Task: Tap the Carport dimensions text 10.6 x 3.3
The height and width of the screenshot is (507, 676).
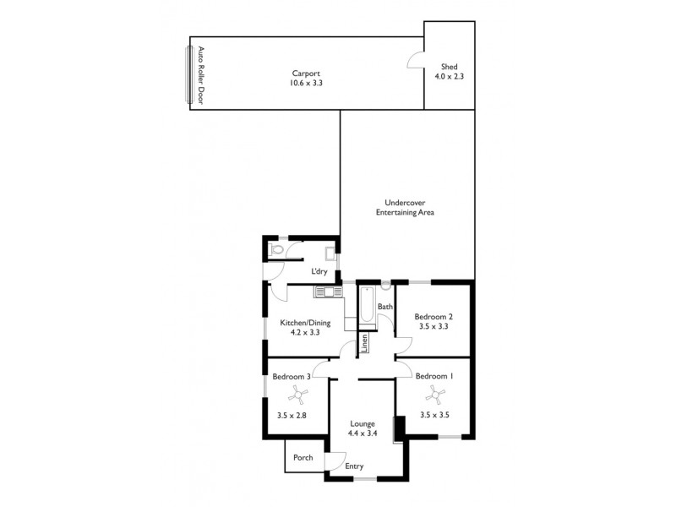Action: (306, 84)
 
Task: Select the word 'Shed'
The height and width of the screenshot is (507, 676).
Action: (449, 66)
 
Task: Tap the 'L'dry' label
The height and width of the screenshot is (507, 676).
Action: (319, 271)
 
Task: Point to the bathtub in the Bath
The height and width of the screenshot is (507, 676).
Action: (366, 308)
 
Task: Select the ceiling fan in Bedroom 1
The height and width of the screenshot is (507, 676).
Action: (434, 394)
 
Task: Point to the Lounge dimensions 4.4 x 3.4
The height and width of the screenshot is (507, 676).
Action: (362, 433)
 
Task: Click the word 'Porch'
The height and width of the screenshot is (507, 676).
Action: (303, 458)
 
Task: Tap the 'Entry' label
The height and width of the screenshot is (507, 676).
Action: (355, 466)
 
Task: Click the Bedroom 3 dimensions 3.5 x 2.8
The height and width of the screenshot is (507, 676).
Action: (292, 415)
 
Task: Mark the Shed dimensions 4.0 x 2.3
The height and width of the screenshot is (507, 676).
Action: (449, 76)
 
